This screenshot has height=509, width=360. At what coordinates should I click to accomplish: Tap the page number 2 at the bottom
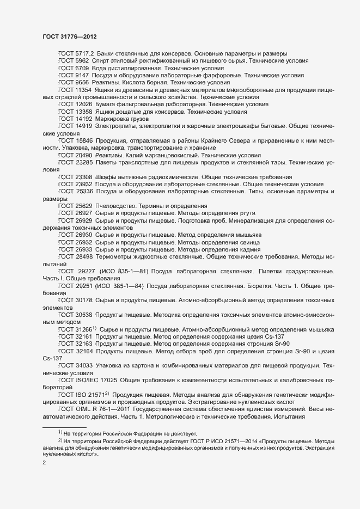[x=45, y=464]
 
